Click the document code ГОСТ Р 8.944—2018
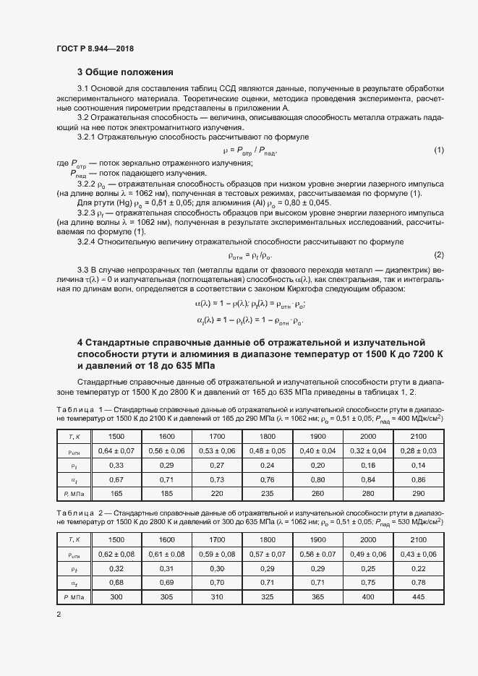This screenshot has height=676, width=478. pos(95,48)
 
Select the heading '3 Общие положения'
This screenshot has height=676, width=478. pos(125,72)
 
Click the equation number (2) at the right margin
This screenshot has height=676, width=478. pos(438,255)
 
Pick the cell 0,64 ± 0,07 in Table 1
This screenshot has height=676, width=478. pos(116,450)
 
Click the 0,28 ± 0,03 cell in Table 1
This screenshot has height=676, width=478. pos(418,450)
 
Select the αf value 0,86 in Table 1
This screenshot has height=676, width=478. pos(418,479)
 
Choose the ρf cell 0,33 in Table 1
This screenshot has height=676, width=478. pos(116,465)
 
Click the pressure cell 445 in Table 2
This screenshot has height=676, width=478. pos(418,597)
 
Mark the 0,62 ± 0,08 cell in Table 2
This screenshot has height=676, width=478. pos(116,554)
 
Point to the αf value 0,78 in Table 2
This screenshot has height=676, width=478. pos(418,583)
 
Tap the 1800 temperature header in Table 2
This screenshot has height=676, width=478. pos(267,539)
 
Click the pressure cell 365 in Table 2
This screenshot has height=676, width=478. pos(317,597)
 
